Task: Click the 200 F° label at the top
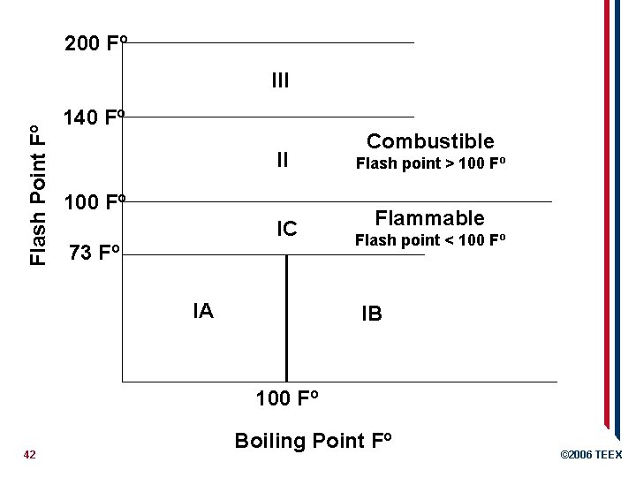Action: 97,43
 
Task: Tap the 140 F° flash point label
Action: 97,118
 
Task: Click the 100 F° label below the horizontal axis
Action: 287,398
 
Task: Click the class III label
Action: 281,82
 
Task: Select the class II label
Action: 282,160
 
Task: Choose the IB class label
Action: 371,314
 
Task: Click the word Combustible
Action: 430,141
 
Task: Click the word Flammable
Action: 430,217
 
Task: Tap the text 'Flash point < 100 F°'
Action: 430,239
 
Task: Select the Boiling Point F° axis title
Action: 313,441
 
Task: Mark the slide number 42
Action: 29,454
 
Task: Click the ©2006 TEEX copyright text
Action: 591,455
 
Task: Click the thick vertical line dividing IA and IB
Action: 286,318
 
